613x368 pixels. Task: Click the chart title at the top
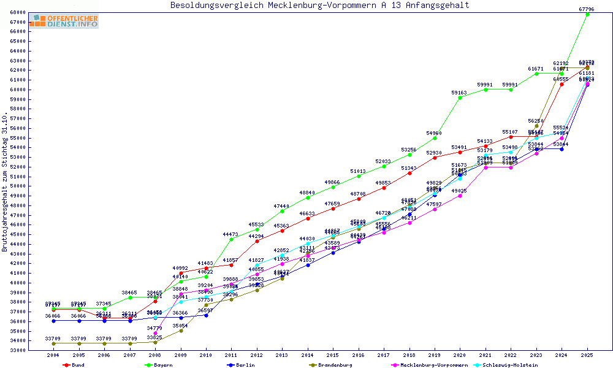319,6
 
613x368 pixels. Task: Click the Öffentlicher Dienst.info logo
63,21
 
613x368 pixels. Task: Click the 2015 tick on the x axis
333,355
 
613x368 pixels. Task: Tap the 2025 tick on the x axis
587,355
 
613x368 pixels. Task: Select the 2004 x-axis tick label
53,355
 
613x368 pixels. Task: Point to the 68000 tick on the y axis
17,12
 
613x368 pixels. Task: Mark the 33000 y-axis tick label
17,350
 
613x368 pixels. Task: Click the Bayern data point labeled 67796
587,14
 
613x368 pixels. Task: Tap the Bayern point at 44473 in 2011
231,239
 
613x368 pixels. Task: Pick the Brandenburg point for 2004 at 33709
53,343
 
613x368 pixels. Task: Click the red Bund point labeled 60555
562,84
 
